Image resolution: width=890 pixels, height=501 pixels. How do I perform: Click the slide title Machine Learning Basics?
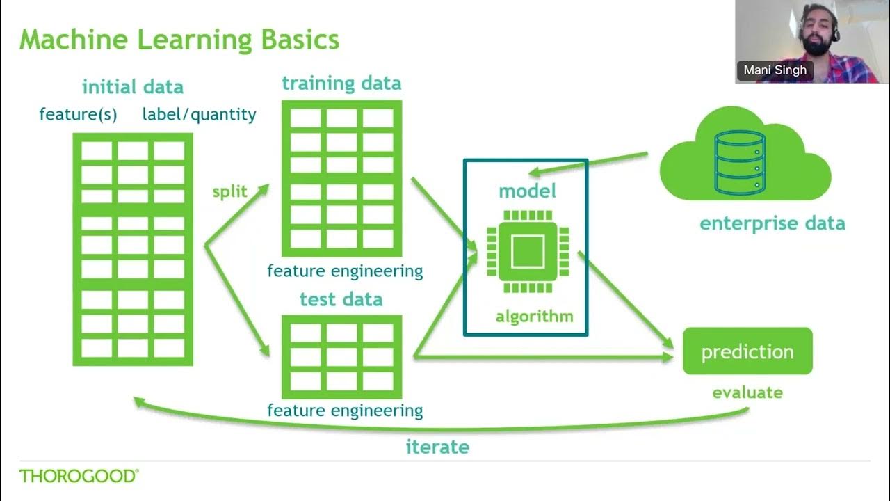pos(179,40)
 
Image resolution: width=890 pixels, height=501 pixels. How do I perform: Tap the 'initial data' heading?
pos(132,87)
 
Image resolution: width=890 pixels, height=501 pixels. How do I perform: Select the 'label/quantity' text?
pos(199,114)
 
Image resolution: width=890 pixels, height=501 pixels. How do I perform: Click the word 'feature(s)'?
pos(78,114)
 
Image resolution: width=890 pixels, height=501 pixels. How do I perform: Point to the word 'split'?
pos(229,192)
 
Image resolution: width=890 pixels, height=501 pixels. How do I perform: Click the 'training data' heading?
pos(341,83)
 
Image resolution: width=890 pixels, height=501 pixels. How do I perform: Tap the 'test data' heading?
pos(341,300)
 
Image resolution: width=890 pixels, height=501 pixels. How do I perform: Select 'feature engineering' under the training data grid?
pos(345,271)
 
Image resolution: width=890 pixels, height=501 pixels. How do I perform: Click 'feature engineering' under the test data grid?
pos(345,410)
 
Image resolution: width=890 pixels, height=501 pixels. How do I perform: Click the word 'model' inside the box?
pos(527,191)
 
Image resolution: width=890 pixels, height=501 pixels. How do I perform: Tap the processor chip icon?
pos(528,251)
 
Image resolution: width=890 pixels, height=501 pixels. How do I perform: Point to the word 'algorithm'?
pos(534,317)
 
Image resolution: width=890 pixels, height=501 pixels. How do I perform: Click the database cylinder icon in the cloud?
pos(740,163)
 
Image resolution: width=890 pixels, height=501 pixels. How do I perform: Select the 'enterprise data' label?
pos(772,223)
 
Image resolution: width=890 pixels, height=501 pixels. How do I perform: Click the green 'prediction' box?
pos(747,351)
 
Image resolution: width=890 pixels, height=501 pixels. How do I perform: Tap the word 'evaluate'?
pos(747,392)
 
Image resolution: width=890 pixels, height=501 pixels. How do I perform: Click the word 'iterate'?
pos(437,447)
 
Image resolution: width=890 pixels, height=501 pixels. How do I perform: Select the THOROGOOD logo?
pos(79,477)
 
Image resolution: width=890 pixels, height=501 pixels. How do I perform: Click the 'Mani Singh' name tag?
pos(774,70)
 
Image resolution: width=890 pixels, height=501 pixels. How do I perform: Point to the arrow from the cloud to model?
pos(591,163)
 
